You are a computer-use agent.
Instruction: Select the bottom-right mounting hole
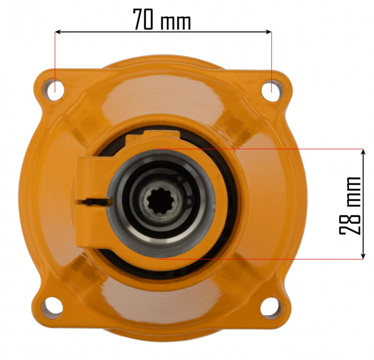point(270,306)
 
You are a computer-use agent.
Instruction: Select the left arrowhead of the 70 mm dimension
point(59,32)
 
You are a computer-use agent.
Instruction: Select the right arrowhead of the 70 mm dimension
point(268,32)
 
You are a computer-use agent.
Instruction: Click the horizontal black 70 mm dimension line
point(214,32)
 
